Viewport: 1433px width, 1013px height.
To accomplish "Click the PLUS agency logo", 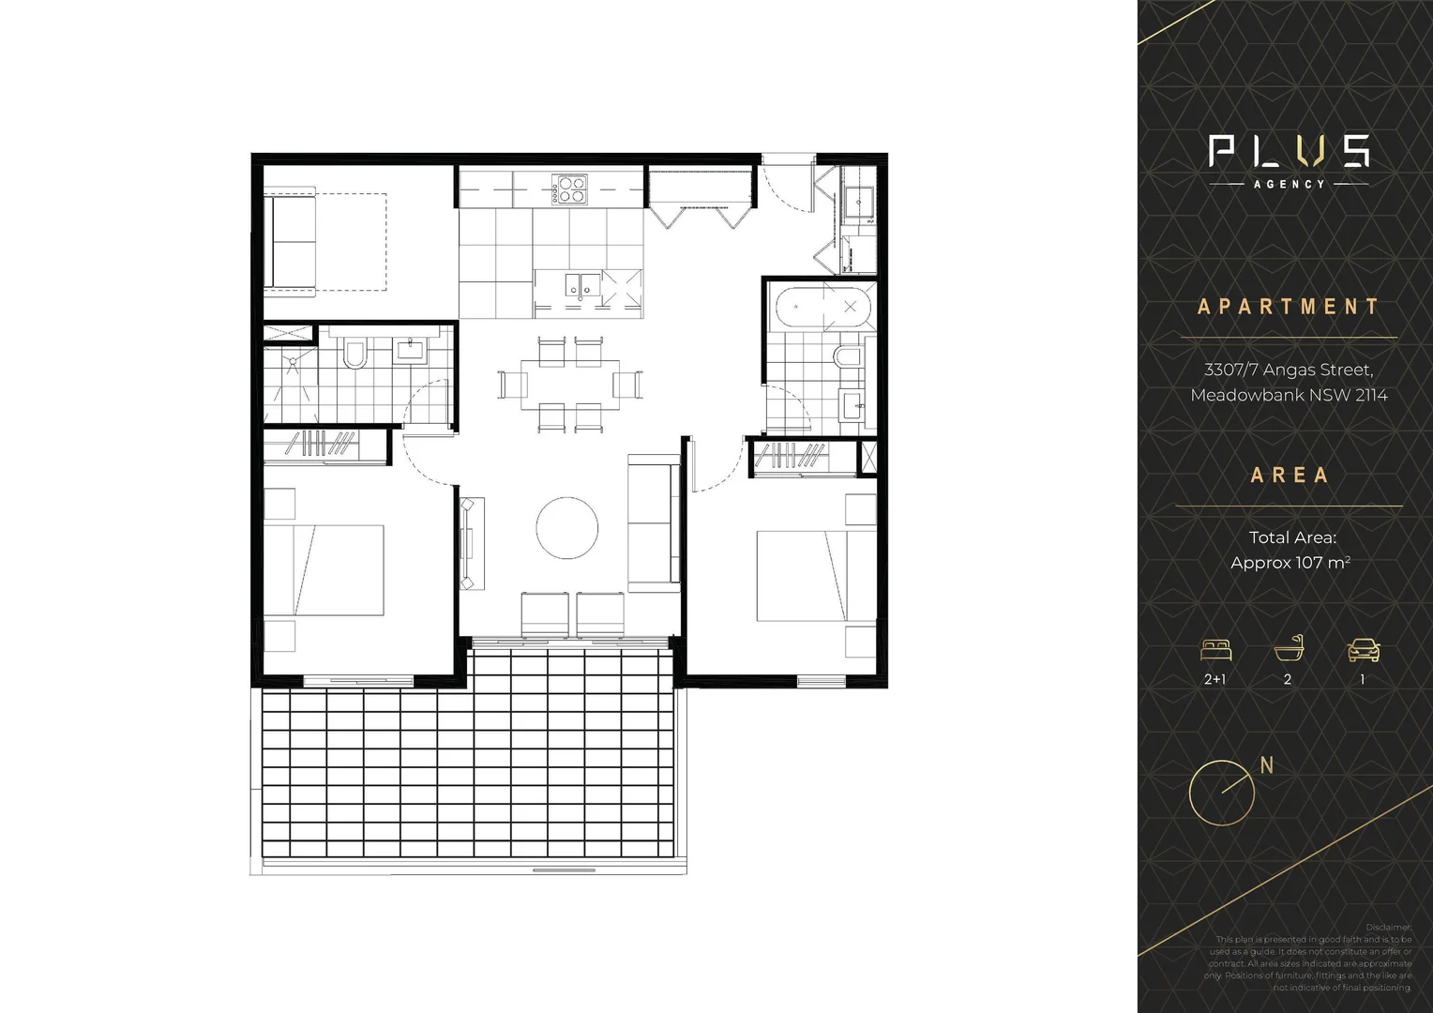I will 1289,159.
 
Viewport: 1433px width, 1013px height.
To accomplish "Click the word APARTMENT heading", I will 1289,307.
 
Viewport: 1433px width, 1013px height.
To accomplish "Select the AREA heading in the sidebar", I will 1290,476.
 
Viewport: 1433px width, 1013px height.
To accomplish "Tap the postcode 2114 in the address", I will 1371,395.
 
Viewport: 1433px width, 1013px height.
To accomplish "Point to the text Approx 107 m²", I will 1290,563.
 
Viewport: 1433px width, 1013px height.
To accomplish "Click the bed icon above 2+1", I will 1215,649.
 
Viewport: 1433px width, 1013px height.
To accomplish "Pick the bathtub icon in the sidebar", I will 1289,649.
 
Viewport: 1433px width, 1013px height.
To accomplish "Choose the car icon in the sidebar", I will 1363,649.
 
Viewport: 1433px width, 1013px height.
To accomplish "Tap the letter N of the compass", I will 1267,765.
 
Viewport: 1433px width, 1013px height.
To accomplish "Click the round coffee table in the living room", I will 567,528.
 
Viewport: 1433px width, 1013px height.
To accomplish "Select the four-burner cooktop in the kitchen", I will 569,190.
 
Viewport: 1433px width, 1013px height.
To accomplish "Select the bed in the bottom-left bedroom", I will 324,570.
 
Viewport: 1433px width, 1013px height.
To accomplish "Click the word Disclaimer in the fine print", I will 1388,927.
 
